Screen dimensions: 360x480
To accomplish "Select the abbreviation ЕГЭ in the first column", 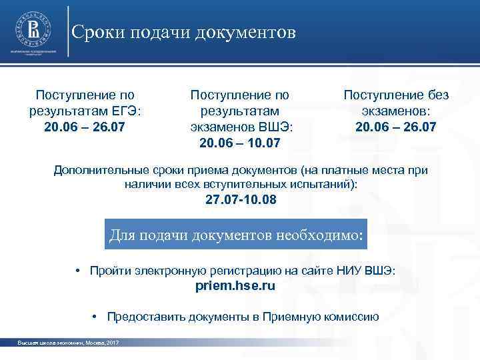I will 128,111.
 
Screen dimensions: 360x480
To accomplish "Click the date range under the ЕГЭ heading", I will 85,126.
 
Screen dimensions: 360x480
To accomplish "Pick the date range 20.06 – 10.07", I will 240,142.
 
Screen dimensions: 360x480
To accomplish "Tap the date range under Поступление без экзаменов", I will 396,126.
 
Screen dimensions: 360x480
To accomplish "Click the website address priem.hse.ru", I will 235,285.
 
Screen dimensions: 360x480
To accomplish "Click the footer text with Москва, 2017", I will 68,343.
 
